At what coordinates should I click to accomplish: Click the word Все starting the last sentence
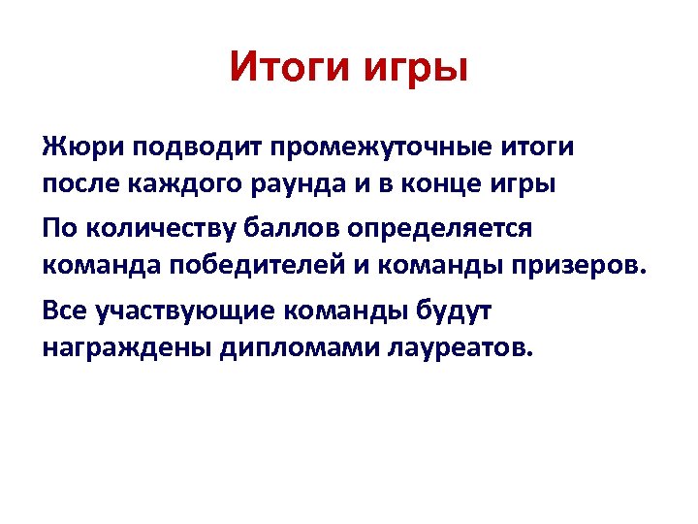coord(66,310)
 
